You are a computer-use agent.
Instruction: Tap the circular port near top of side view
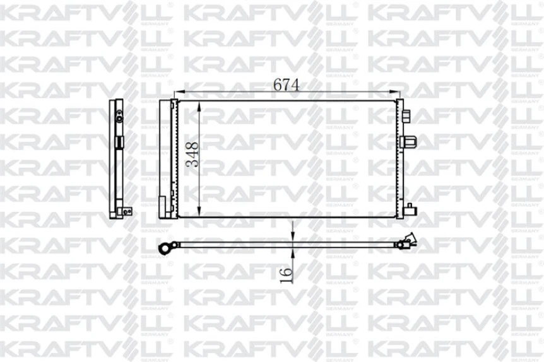[119, 115]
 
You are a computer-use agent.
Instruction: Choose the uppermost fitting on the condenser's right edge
[406, 115]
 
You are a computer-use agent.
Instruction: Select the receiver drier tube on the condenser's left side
[165, 158]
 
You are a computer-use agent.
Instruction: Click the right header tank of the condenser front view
[399, 158]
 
